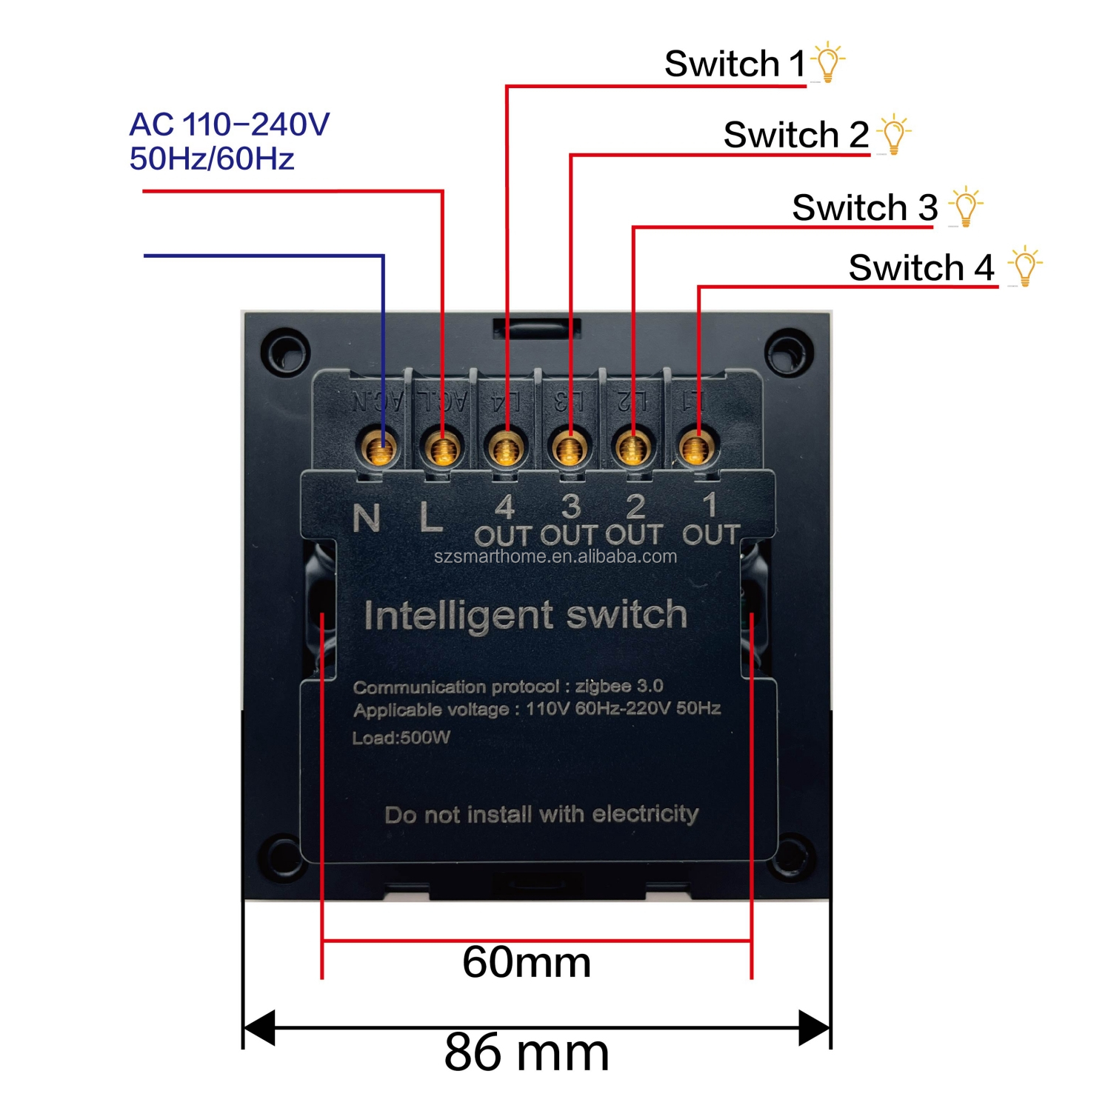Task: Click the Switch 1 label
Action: point(733,64)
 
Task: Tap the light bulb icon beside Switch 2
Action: point(894,134)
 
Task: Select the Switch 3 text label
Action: point(864,207)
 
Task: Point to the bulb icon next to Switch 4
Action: point(1024,267)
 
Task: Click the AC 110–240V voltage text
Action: point(229,124)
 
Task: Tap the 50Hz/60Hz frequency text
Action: point(212,159)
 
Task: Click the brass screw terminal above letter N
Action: point(381,447)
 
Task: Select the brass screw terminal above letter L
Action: point(443,447)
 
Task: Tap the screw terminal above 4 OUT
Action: point(506,447)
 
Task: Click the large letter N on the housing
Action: point(367,518)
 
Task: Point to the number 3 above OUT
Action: point(570,507)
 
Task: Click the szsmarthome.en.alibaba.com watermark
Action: point(555,556)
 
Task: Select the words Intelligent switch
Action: point(525,615)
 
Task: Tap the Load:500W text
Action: point(401,738)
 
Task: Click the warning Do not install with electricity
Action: point(541,815)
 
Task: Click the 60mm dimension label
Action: point(527,962)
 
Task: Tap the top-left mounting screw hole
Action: point(284,350)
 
